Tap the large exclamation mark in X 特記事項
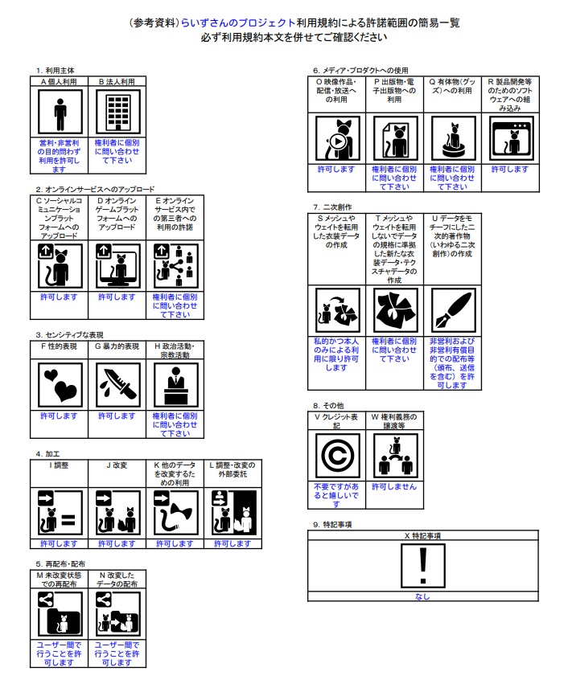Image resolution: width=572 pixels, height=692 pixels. click(422, 564)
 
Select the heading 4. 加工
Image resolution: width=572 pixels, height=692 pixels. click(51, 454)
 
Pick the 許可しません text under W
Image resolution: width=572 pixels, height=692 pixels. click(394, 487)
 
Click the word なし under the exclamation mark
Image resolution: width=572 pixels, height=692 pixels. click(422, 597)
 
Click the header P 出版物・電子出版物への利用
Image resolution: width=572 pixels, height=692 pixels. click(394, 91)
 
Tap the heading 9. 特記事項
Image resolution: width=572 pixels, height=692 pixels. click(333, 524)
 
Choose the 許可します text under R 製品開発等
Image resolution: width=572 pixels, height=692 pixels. click(509, 170)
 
